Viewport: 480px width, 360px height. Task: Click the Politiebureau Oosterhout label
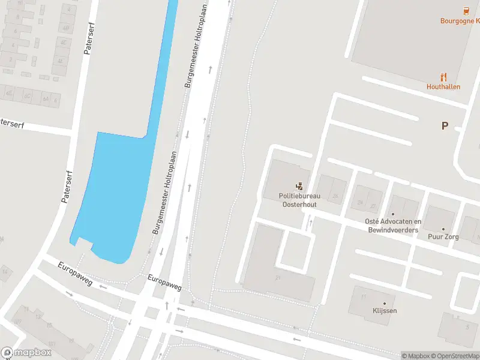click(299, 200)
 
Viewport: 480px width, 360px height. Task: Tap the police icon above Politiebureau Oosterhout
click(299, 187)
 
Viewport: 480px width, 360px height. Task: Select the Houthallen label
click(443, 86)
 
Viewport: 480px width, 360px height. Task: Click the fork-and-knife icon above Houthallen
click(444, 76)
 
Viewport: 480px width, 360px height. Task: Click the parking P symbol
click(445, 125)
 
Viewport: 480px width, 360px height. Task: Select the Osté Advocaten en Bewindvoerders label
click(393, 226)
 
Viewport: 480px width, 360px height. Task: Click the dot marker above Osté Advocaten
click(393, 214)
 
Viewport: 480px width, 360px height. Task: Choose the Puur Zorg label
click(443, 237)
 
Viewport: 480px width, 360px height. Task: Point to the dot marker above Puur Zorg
click(443, 229)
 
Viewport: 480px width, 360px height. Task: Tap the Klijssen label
click(384, 311)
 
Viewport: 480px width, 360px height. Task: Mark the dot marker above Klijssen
click(384, 303)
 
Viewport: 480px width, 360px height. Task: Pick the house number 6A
click(45, 99)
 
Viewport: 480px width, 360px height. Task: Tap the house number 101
click(52, 344)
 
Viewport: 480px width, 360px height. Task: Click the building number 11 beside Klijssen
click(363, 296)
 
